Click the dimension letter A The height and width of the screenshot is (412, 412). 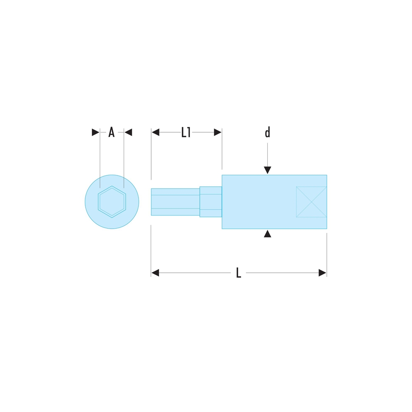[x=111, y=132]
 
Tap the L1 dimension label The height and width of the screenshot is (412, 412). [x=186, y=132]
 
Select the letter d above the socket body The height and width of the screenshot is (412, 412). [x=267, y=132]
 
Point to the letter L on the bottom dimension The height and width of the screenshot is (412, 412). [x=239, y=273]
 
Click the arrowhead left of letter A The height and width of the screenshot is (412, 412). [x=96, y=132]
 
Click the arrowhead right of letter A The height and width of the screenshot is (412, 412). [x=128, y=132]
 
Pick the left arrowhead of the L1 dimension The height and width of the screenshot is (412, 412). [x=156, y=132]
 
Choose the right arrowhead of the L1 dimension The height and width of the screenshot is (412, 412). [x=218, y=132]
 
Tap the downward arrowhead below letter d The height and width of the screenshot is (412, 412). [x=267, y=170]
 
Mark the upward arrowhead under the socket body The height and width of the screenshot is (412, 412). [x=267, y=234]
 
